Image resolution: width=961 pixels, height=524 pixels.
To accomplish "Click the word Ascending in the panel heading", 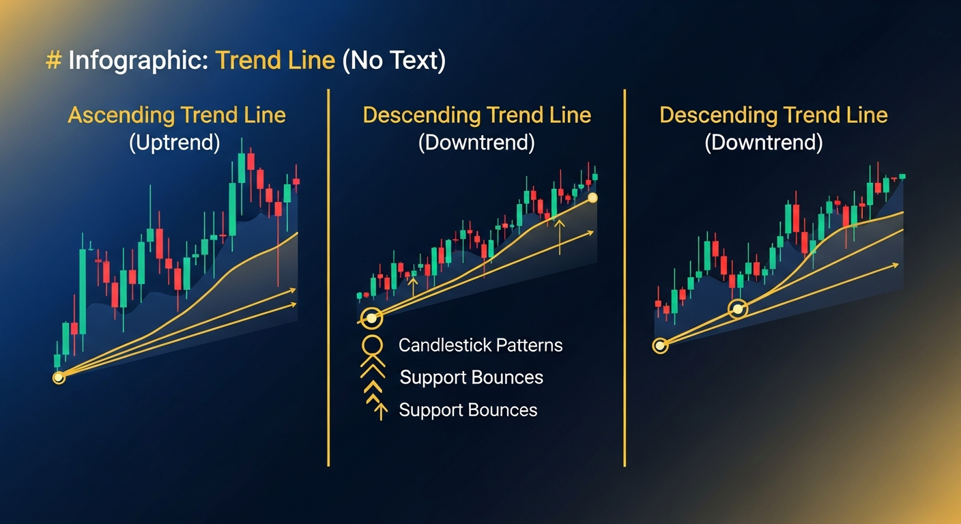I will coord(119,115).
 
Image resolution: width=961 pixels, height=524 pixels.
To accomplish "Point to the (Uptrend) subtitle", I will coord(175,143).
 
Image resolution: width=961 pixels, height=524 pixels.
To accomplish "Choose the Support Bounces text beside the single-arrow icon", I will coord(468,410).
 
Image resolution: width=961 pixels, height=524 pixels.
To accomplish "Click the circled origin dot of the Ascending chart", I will coord(59,377).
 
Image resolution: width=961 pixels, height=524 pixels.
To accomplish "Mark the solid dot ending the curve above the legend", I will coord(592,198).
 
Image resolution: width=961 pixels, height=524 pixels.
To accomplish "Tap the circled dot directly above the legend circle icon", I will coord(371,318).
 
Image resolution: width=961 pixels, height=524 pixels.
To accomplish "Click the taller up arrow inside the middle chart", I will coord(560,235).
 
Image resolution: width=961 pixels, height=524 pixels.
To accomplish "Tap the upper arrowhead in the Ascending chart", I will coord(293,290).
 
